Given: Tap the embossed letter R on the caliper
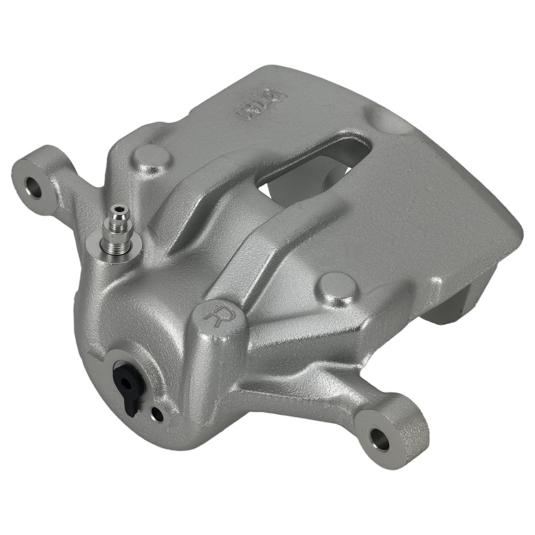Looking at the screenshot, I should pos(218,315).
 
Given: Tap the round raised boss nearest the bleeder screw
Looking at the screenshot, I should pos(152,158).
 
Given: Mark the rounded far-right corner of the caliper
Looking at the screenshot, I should pos(516,235).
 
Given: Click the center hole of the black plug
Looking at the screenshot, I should pos(126,381).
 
